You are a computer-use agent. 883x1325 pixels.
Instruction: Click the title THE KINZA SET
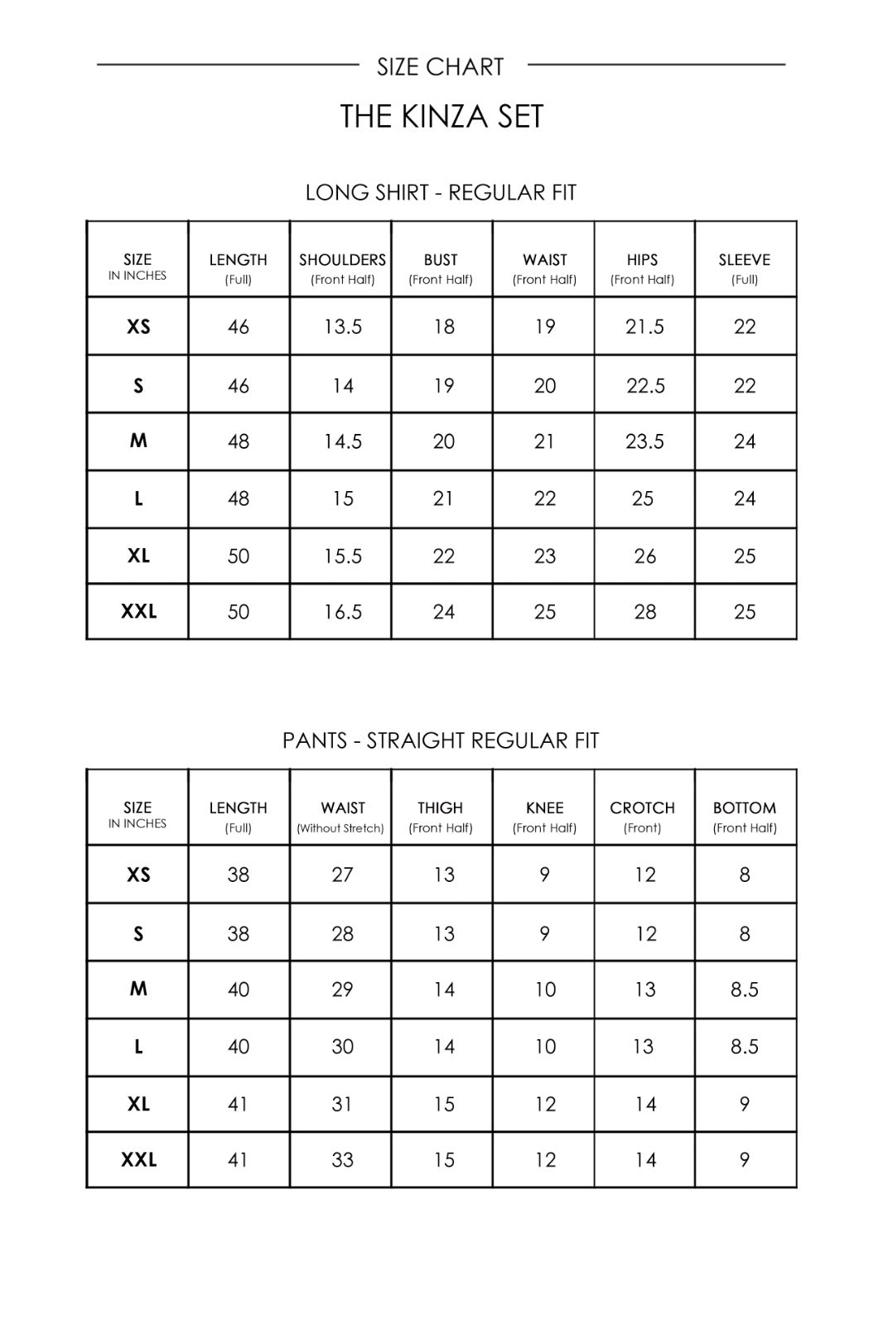point(441,117)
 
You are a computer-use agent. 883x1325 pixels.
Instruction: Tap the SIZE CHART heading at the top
point(440,67)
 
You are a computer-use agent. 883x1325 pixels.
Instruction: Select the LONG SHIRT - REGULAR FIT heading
point(441,193)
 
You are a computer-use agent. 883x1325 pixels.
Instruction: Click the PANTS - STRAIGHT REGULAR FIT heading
point(441,740)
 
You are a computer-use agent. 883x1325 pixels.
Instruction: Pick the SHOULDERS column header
point(342,260)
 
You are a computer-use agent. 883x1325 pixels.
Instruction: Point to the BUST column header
point(441,260)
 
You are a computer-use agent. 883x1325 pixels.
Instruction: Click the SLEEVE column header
point(744,260)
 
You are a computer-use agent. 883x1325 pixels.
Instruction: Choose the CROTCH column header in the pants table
point(642,808)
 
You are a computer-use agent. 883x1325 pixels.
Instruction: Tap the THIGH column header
point(441,808)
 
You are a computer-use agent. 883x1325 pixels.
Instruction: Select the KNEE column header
point(544,808)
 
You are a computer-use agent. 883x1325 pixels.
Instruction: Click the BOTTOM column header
point(744,808)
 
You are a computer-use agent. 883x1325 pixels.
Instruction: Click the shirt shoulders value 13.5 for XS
point(343,327)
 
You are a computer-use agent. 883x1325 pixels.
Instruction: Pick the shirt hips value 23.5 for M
point(644,441)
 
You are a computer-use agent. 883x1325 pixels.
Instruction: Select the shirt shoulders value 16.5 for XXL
point(343,612)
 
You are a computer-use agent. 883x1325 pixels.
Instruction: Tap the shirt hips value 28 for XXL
point(644,612)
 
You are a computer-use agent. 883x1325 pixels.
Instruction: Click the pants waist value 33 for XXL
point(342,1160)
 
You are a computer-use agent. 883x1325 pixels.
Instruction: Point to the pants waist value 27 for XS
point(342,875)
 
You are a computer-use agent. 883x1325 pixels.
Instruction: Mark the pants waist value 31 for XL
point(342,1105)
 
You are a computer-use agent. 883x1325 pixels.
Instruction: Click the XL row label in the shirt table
point(138,556)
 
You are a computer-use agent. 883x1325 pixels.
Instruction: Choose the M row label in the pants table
point(138,989)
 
